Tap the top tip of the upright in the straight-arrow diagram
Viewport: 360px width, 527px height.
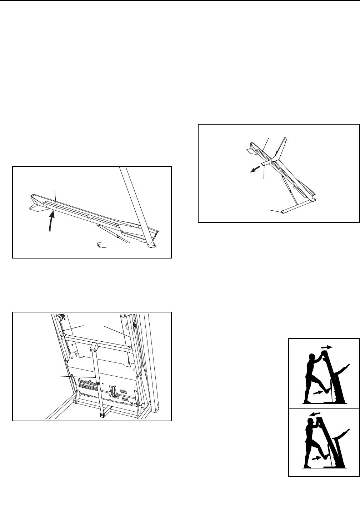(285, 138)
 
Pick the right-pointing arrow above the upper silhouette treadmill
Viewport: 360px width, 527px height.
(326, 347)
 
